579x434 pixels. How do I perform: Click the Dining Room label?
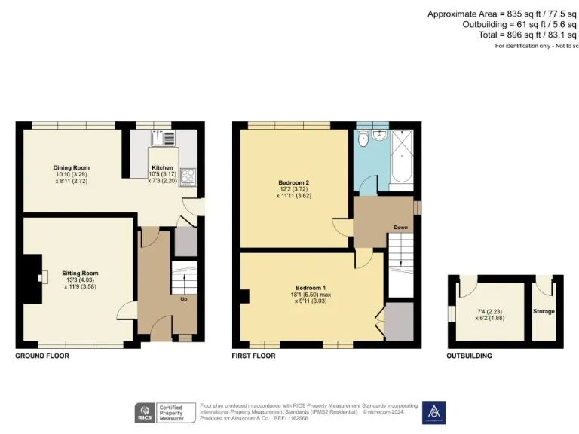click(x=71, y=167)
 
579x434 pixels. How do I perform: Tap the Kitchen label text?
click(x=162, y=167)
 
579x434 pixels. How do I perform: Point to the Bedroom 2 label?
click(x=294, y=182)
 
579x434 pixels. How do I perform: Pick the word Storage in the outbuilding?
click(x=544, y=311)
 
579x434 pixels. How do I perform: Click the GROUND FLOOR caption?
click(x=42, y=355)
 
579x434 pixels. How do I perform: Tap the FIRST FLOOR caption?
click(x=254, y=355)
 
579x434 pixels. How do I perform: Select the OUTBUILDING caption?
click(x=470, y=355)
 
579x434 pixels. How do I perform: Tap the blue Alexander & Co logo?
click(x=433, y=412)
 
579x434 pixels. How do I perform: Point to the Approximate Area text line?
click(x=502, y=14)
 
